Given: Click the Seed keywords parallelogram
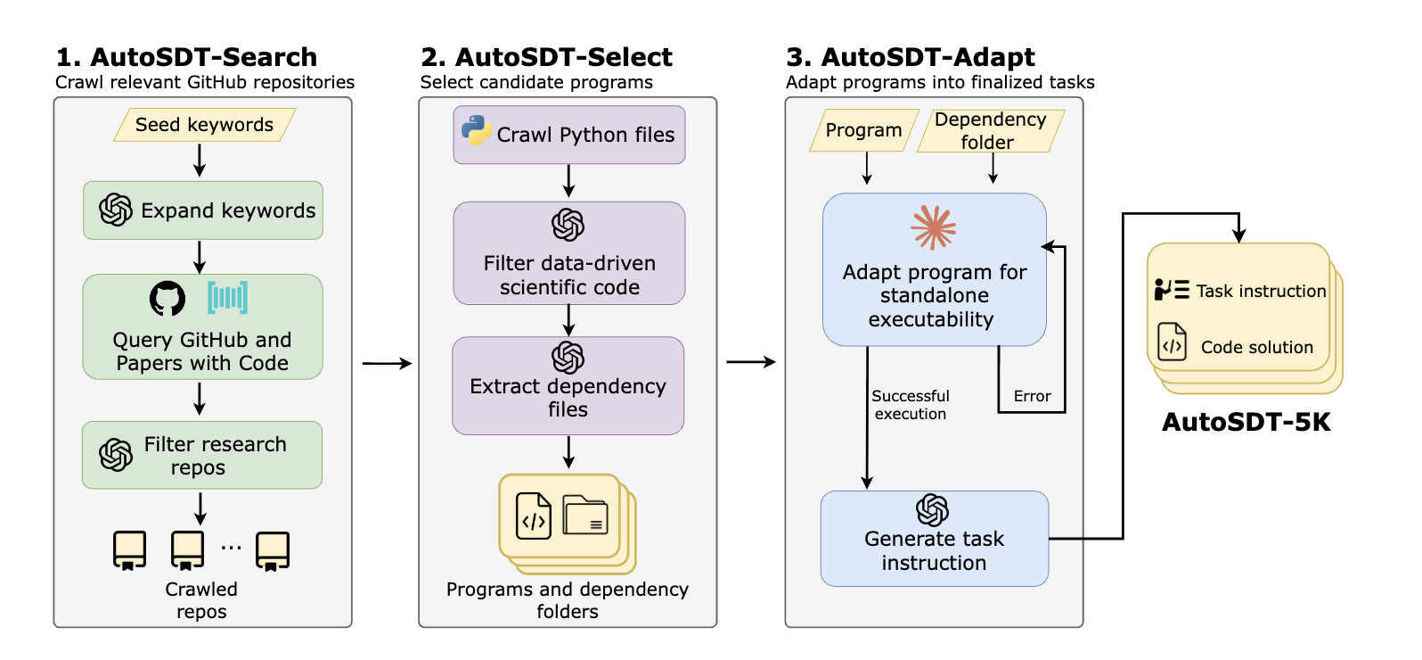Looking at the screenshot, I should click(204, 125).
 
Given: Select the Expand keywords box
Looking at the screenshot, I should click(203, 210).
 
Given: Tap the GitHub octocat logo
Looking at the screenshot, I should click(168, 299).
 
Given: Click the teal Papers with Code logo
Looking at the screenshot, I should click(227, 298).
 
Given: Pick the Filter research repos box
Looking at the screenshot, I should click(202, 455).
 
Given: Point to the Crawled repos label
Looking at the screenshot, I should click(201, 600).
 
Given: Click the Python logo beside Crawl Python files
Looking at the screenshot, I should click(477, 131).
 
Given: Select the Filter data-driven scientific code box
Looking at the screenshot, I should click(569, 253).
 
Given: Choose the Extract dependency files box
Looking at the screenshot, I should click(568, 385).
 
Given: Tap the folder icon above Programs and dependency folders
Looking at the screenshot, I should click(585, 515).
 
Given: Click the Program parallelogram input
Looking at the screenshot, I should click(863, 130).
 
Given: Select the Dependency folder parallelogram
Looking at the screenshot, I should click(990, 130).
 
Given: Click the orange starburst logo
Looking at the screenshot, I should click(933, 227).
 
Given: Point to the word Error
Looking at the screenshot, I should click(1032, 396).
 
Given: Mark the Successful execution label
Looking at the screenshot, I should click(910, 404).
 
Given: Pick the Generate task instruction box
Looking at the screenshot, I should click(934, 539).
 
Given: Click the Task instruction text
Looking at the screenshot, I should click(1261, 291).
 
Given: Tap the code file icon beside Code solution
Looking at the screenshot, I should click(1172, 342).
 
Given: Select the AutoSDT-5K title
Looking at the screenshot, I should click(1246, 422).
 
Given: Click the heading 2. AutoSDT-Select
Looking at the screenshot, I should click(546, 57).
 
